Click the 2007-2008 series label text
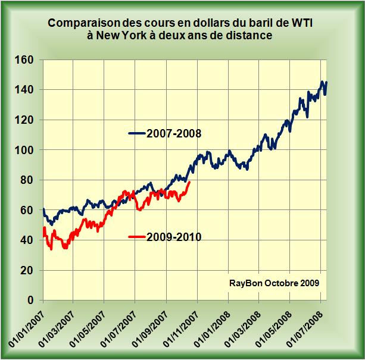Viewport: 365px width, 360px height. point(173,133)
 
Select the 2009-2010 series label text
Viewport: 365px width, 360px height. point(173,237)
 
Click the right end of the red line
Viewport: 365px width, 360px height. point(189,182)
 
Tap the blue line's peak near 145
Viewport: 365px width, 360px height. point(322,82)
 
